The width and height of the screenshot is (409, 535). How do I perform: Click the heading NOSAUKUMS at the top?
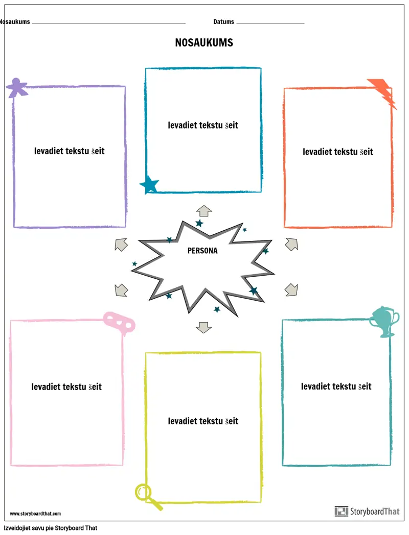[204, 43]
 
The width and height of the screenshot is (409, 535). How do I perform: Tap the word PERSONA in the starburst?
[202, 251]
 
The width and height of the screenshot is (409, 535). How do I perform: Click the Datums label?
[223, 22]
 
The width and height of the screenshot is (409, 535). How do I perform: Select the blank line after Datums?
[270, 23]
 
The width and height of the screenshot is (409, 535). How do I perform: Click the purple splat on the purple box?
[16, 88]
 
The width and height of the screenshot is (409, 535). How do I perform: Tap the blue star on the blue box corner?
[149, 185]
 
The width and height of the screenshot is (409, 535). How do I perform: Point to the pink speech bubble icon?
[119, 322]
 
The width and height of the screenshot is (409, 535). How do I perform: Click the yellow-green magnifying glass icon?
[148, 497]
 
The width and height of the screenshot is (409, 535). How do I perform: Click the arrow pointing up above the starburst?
[204, 211]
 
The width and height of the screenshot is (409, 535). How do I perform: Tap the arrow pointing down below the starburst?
[203, 328]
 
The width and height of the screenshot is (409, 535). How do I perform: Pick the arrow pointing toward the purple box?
[121, 245]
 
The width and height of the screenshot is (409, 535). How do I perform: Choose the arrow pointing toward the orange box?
[291, 245]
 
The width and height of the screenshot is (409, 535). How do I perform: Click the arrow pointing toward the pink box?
[121, 290]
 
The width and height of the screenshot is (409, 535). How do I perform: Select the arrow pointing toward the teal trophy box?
[291, 289]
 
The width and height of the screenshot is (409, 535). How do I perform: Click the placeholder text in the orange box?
[337, 152]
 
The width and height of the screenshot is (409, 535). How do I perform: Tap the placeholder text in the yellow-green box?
[203, 421]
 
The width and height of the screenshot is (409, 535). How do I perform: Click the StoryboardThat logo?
[367, 511]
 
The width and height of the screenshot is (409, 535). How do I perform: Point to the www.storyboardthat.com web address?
[35, 514]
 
